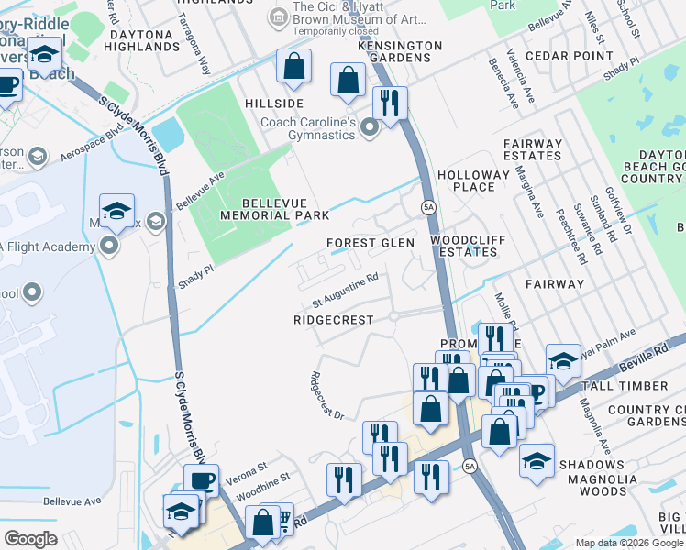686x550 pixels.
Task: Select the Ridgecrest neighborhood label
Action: [333, 320]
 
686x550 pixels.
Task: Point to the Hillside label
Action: [273, 104]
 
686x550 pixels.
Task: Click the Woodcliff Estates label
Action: [468, 246]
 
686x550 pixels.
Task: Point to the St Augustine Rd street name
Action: [345, 291]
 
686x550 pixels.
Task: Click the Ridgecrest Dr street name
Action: [326, 396]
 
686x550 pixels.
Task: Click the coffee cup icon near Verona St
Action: [201, 480]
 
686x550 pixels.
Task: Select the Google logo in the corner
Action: [30, 539]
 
